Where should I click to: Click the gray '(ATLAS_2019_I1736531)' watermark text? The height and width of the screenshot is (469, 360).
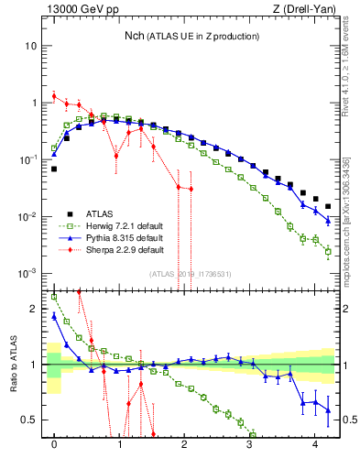(189, 274)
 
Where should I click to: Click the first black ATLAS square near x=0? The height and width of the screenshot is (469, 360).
(54, 169)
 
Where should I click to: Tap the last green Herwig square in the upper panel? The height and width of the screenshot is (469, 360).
(328, 252)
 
